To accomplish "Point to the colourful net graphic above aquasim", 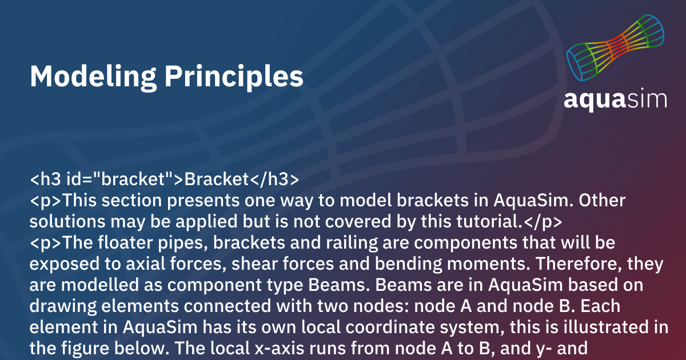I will tap(615, 48).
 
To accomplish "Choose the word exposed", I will tap(63, 265).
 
